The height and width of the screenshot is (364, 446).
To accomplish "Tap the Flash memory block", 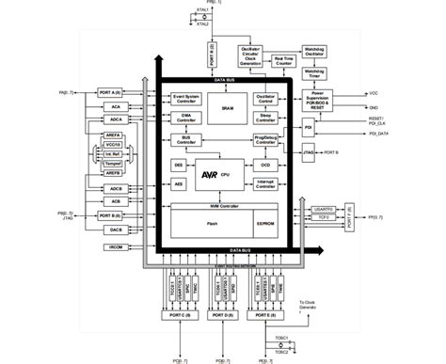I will [x=212, y=224].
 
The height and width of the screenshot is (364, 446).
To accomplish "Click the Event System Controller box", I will [x=186, y=99].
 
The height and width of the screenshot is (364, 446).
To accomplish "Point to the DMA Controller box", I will [x=186, y=117].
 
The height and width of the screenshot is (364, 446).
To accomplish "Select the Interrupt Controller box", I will [x=265, y=183].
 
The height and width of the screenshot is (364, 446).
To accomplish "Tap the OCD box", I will [x=265, y=164].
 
